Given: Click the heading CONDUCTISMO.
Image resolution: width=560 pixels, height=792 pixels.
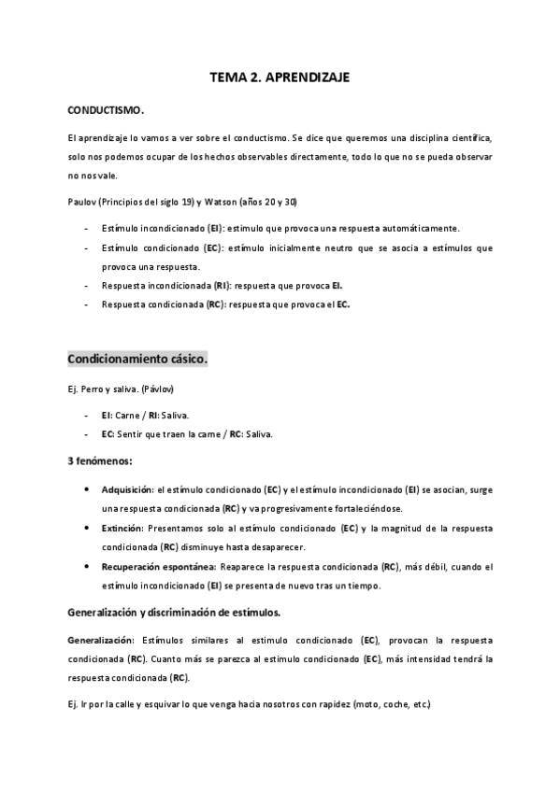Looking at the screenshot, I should [106, 110].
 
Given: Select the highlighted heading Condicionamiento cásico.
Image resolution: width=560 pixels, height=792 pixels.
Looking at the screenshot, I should [137, 359].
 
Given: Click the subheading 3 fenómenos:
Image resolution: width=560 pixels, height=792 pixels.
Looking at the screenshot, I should [100, 460].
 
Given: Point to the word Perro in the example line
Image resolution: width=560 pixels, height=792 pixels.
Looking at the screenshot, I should [91, 388].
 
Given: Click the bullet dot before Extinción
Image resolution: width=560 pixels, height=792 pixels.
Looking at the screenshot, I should [87, 528].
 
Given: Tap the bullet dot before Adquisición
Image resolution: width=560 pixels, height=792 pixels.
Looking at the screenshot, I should [87, 488].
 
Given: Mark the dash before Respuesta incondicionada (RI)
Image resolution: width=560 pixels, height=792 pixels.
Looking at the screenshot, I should [87, 286].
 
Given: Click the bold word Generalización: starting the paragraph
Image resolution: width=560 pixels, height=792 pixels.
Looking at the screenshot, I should [102, 640].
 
